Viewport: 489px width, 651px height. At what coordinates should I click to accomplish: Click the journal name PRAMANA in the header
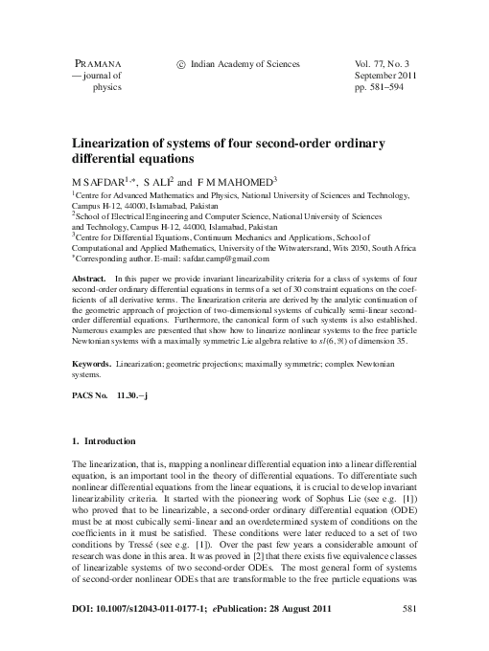pyautogui.click(x=93, y=63)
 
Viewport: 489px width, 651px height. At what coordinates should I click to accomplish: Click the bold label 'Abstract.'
pyautogui.click(x=89, y=276)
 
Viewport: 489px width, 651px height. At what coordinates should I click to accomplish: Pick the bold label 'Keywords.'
pyautogui.click(x=93, y=365)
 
